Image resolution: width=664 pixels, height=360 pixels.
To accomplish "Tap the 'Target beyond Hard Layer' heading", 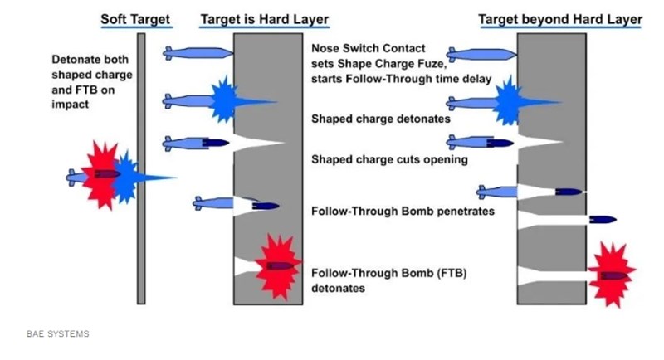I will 560,18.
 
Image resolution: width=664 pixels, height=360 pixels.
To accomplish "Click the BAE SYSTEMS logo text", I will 57,334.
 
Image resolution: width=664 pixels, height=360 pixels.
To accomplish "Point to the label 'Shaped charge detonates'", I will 380,119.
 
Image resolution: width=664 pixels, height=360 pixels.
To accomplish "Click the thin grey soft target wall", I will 141,166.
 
